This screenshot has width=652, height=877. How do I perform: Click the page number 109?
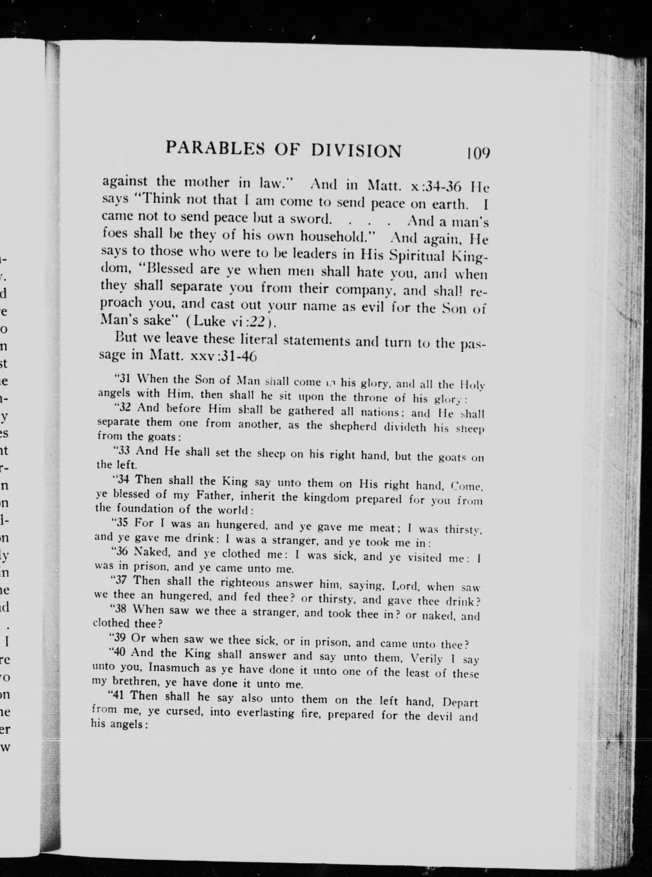478,153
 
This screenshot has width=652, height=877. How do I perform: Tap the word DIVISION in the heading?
357,150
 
